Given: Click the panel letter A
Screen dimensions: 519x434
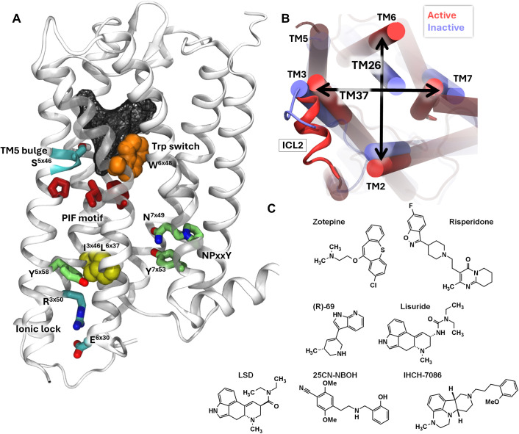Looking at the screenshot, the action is [16, 18].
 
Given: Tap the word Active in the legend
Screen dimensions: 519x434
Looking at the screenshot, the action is [442, 15].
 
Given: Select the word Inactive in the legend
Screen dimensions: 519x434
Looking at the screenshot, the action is [445, 27].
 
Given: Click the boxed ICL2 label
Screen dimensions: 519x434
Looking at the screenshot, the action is [293, 145].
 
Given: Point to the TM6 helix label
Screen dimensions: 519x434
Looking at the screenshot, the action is [386, 17].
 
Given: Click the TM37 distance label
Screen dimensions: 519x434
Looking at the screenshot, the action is [354, 95].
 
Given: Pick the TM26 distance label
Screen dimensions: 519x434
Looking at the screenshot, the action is [366, 65].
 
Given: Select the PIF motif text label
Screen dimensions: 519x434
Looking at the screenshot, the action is [82, 218].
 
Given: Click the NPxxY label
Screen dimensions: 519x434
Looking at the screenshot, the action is [215, 255].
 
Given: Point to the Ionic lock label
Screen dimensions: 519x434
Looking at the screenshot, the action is [38, 328].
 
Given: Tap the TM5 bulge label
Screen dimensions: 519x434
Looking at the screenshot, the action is [24, 151].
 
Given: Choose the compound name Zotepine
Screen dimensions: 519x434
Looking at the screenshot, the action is [329, 222].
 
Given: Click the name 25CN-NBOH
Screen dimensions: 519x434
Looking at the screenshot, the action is [335, 375].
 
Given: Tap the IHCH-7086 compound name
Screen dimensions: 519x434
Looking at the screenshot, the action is [423, 375].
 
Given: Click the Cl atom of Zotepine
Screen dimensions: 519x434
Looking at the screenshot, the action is [373, 285].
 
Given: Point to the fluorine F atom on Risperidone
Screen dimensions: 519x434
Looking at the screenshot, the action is [411, 206].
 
